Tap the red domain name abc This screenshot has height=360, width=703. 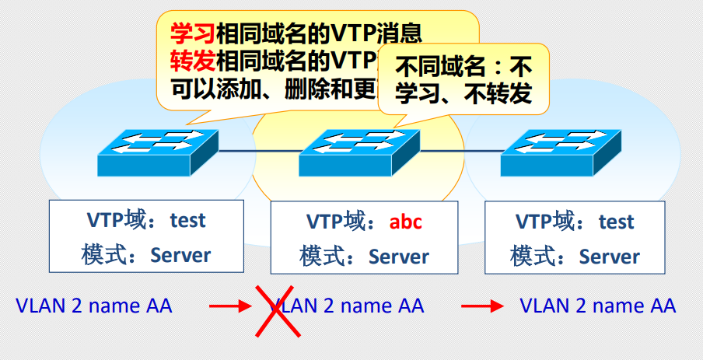[x=405, y=222]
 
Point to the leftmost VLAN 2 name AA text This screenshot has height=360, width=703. [x=94, y=306]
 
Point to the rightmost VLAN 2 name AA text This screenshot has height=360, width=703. [x=597, y=306]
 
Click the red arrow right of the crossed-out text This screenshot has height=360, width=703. [x=482, y=306]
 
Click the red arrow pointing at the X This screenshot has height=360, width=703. [x=230, y=306]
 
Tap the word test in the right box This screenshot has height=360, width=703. [x=616, y=222]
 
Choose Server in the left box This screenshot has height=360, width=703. [x=180, y=255]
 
